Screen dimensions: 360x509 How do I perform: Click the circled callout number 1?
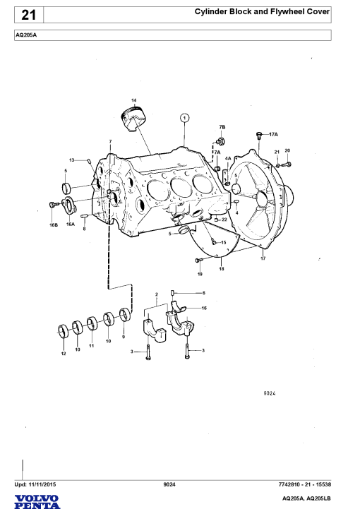coord(184,117)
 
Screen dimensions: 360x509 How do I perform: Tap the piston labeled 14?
coord(133,119)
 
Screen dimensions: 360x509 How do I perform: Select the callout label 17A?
coord(273,134)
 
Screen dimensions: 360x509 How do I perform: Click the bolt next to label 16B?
coord(53,205)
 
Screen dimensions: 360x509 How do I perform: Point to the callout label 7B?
coord(222,127)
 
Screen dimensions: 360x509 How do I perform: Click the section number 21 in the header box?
coord(28,15)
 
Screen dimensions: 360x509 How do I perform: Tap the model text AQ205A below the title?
coord(26,35)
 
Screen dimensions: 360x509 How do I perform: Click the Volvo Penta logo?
coord(37,502)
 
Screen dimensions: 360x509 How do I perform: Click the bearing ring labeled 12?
coord(64,331)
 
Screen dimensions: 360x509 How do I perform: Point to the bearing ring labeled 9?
coord(125,315)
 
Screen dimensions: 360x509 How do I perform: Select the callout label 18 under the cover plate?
coord(222,269)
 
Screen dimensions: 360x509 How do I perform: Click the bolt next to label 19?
coord(199,261)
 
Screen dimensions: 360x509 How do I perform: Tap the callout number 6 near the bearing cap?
coord(203,293)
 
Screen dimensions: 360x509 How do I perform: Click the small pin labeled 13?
coord(89,161)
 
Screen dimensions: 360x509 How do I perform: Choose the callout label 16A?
coord(71,224)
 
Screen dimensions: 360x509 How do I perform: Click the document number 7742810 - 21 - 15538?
coord(304,484)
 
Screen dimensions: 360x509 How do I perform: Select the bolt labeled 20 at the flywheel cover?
coord(287,164)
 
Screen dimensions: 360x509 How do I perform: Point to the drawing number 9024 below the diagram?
coord(270,393)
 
